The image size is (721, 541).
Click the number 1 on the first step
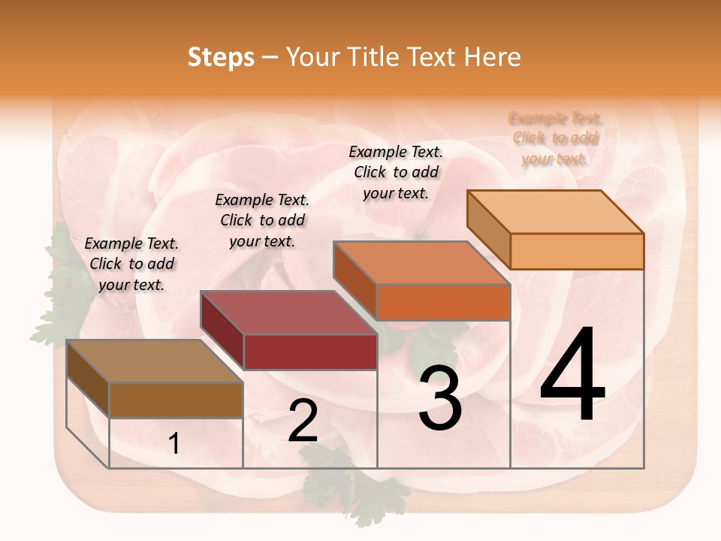click(174, 444)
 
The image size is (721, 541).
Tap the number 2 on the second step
click(303, 421)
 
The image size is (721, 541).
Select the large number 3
click(440, 398)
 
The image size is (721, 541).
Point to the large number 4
click(572, 376)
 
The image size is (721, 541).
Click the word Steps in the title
click(221, 57)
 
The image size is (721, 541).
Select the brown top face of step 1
click(155, 361)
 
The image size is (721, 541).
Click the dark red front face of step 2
click(310, 352)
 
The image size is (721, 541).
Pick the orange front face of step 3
click(443, 302)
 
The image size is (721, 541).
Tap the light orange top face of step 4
click(556, 212)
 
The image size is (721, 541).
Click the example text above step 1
click(131, 264)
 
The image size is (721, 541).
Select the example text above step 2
click(262, 220)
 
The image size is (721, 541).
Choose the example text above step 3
click(396, 172)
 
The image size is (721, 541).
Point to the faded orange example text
click(556, 138)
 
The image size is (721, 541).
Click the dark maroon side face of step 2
click(222, 331)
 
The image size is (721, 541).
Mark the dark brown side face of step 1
click(88, 379)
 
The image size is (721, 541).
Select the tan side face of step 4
click(488, 225)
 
